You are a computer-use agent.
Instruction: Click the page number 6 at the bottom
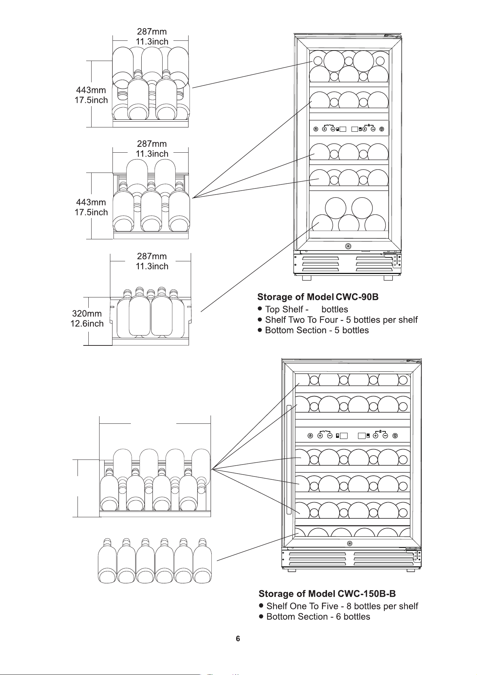(238, 639)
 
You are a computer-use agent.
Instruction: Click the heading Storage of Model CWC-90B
(318, 297)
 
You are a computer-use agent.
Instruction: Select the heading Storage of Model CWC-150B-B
(327, 594)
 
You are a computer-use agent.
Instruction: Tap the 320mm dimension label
(87, 313)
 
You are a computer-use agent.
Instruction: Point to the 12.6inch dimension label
(87, 323)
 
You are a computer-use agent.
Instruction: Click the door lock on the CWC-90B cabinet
(348, 246)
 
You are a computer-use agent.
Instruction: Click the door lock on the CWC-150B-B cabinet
(349, 544)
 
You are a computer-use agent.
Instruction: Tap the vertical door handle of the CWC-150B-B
(289, 460)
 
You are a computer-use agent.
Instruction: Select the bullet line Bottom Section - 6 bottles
(314, 617)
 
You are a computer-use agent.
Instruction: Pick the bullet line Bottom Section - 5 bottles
(313, 330)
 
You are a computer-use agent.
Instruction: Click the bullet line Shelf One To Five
(339, 606)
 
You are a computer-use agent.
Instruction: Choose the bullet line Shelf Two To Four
(337, 320)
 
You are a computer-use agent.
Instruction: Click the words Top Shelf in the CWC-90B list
(284, 309)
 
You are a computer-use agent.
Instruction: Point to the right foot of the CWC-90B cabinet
(388, 278)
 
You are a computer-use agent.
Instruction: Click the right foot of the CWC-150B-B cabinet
(410, 570)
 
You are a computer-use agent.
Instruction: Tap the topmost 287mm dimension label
(152, 31)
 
